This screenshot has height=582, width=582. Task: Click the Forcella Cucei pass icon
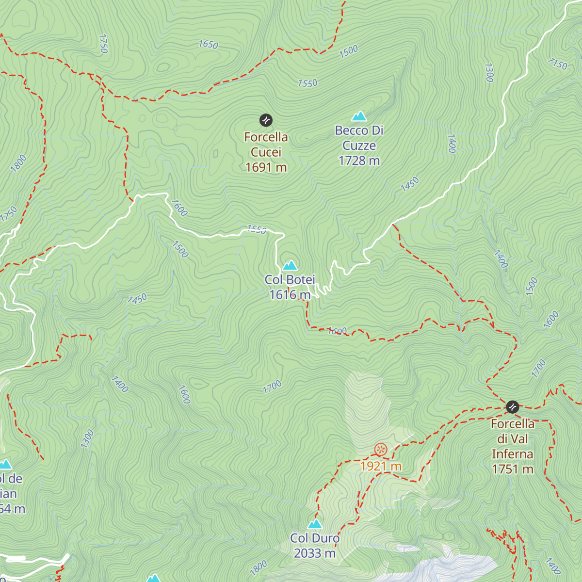266,120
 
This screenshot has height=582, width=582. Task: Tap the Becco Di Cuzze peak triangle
359,116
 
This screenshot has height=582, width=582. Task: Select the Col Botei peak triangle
290,265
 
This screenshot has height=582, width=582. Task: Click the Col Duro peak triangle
315,524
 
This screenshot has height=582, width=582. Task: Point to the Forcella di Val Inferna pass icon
512,406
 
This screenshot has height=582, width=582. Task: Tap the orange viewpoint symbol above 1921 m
381,449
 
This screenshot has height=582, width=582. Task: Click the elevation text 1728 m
359,161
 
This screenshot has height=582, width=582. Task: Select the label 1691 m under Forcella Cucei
266,167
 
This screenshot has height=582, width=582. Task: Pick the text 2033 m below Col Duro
315,553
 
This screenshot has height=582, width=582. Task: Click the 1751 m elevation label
512,469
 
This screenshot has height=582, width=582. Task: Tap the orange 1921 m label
381,466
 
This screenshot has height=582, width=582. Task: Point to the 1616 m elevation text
290,294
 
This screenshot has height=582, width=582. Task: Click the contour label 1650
209,45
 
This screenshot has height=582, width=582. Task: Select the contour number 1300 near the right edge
489,72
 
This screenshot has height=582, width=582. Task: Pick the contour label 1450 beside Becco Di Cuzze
410,184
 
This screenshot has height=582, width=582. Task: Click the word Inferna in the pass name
512,454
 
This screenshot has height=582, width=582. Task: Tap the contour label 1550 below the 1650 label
307,83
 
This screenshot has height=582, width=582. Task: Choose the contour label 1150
557,64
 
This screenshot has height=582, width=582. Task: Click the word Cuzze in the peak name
359,145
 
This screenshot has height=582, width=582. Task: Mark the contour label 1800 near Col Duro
259,567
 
